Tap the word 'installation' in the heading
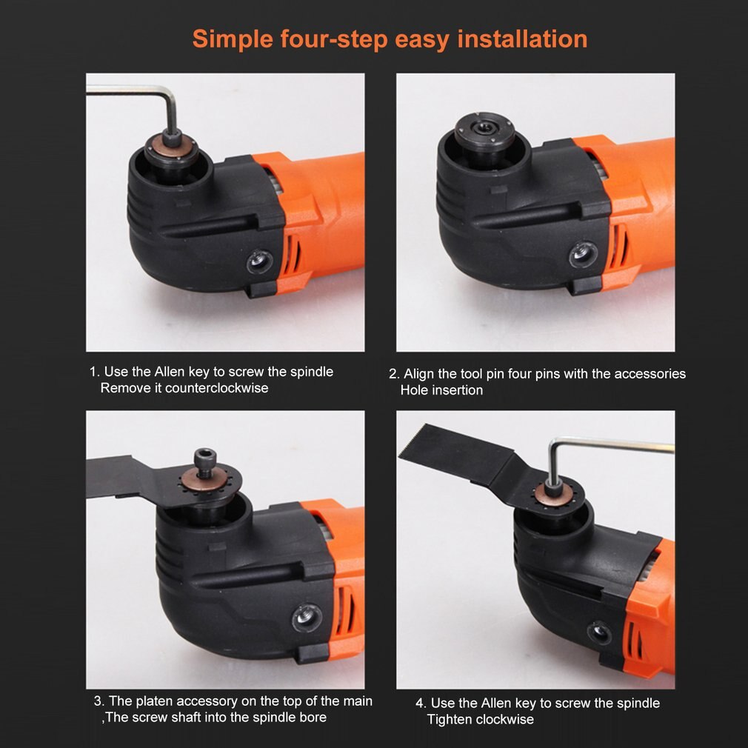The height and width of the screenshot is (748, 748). [x=522, y=39]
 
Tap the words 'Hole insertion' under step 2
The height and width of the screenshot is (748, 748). [x=441, y=390]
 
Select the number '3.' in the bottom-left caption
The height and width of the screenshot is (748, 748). [x=98, y=701]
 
